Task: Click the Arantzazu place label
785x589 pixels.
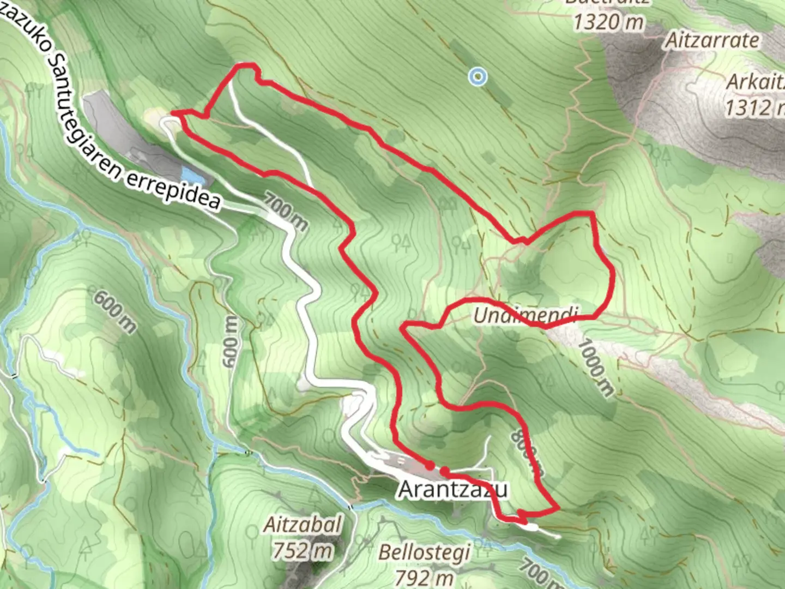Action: pyautogui.click(x=453, y=489)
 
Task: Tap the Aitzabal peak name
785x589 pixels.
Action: pyautogui.click(x=303, y=525)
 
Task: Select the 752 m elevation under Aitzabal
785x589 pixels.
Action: pyautogui.click(x=303, y=550)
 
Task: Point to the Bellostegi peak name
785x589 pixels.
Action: pyautogui.click(x=424, y=552)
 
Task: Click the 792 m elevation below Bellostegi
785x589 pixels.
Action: pyautogui.click(x=424, y=576)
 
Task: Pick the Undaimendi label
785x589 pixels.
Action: pyautogui.click(x=525, y=315)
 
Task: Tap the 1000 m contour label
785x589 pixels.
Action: pyautogui.click(x=596, y=367)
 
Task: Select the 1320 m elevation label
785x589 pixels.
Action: pyautogui.click(x=608, y=22)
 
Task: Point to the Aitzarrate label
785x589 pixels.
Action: pyautogui.click(x=712, y=40)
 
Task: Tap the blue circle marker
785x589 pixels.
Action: pyautogui.click(x=478, y=77)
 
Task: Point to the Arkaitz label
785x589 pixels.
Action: pyautogui.click(x=756, y=82)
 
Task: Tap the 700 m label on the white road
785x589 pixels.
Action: pyautogui.click(x=286, y=211)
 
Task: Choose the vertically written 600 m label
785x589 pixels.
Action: pyautogui.click(x=231, y=341)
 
